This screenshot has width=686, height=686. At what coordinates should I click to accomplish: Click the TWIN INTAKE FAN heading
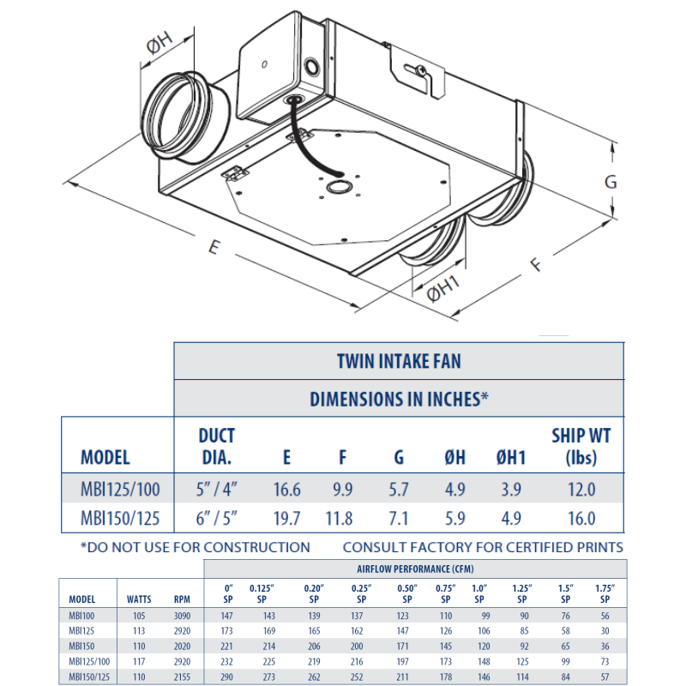(x=399, y=361)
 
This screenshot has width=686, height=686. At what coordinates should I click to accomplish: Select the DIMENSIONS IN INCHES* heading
(x=399, y=398)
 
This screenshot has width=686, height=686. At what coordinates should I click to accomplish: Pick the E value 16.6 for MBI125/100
(x=286, y=490)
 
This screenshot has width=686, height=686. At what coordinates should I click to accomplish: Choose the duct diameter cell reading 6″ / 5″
(x=216, y=519)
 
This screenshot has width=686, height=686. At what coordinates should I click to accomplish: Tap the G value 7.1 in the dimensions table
(x=399, y=519)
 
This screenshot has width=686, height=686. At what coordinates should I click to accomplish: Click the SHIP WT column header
(x=581, y=446)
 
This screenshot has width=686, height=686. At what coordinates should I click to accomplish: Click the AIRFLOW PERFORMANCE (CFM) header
(x=415, y=569)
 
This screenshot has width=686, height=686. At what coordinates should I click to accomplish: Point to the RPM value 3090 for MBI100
(x=181, y=616)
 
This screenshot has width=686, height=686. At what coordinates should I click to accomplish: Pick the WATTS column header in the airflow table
(x=139, y=600)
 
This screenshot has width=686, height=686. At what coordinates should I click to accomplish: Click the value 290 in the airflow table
(x=226, y=677)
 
